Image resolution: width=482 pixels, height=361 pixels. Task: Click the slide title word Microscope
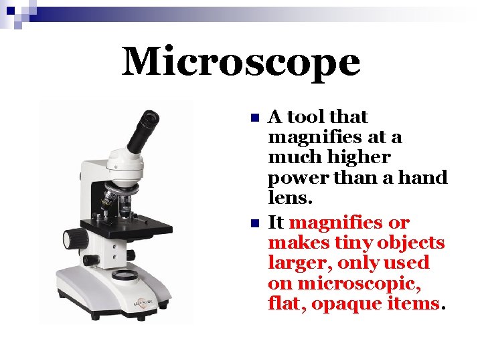(x=241, y=62)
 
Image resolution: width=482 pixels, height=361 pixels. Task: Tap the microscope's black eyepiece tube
(x=143, y=131)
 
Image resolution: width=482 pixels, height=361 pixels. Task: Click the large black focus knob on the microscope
(x=75, y=238)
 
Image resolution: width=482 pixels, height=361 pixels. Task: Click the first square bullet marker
(x=253, y=118)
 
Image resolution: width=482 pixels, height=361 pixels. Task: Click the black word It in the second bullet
(x=276, y=222)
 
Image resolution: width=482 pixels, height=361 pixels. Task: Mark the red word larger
(x=295, y=263)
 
